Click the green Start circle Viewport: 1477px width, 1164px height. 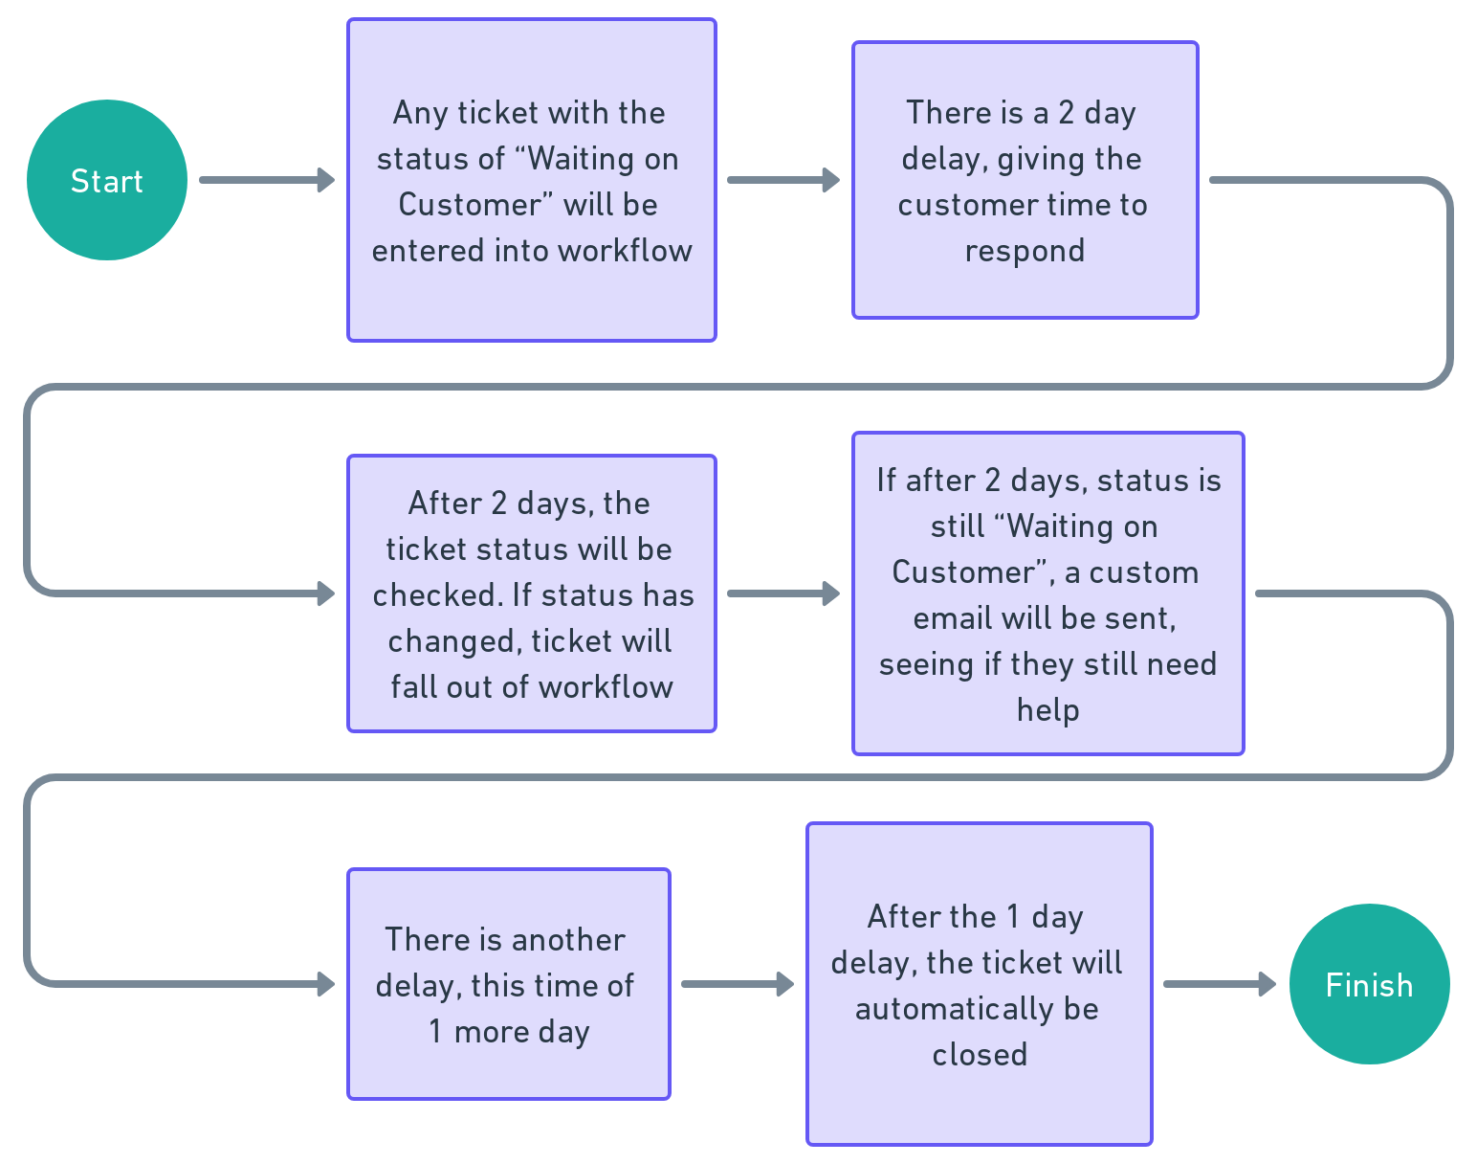pos(106,180)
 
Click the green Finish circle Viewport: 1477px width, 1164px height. pos(1369,984)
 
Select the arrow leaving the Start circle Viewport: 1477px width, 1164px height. pos(266,180)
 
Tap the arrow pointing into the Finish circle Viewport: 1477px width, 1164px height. pos(1219,984)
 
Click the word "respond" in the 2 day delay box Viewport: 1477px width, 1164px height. pos(1025,251)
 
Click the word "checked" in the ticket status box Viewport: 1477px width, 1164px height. pos(436,595)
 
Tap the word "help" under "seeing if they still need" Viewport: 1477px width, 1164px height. pos(1047,710)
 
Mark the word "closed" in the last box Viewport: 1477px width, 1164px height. pos(980,1055)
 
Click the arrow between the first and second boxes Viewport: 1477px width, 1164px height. pos(783,180)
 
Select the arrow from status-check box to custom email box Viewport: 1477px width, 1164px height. pos(783,593)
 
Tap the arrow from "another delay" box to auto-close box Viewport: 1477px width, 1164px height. pos(737,984)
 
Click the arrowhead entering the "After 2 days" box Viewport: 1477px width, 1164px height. pos(326,593)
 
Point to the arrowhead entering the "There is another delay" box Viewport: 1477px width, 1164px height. pos(326,984)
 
